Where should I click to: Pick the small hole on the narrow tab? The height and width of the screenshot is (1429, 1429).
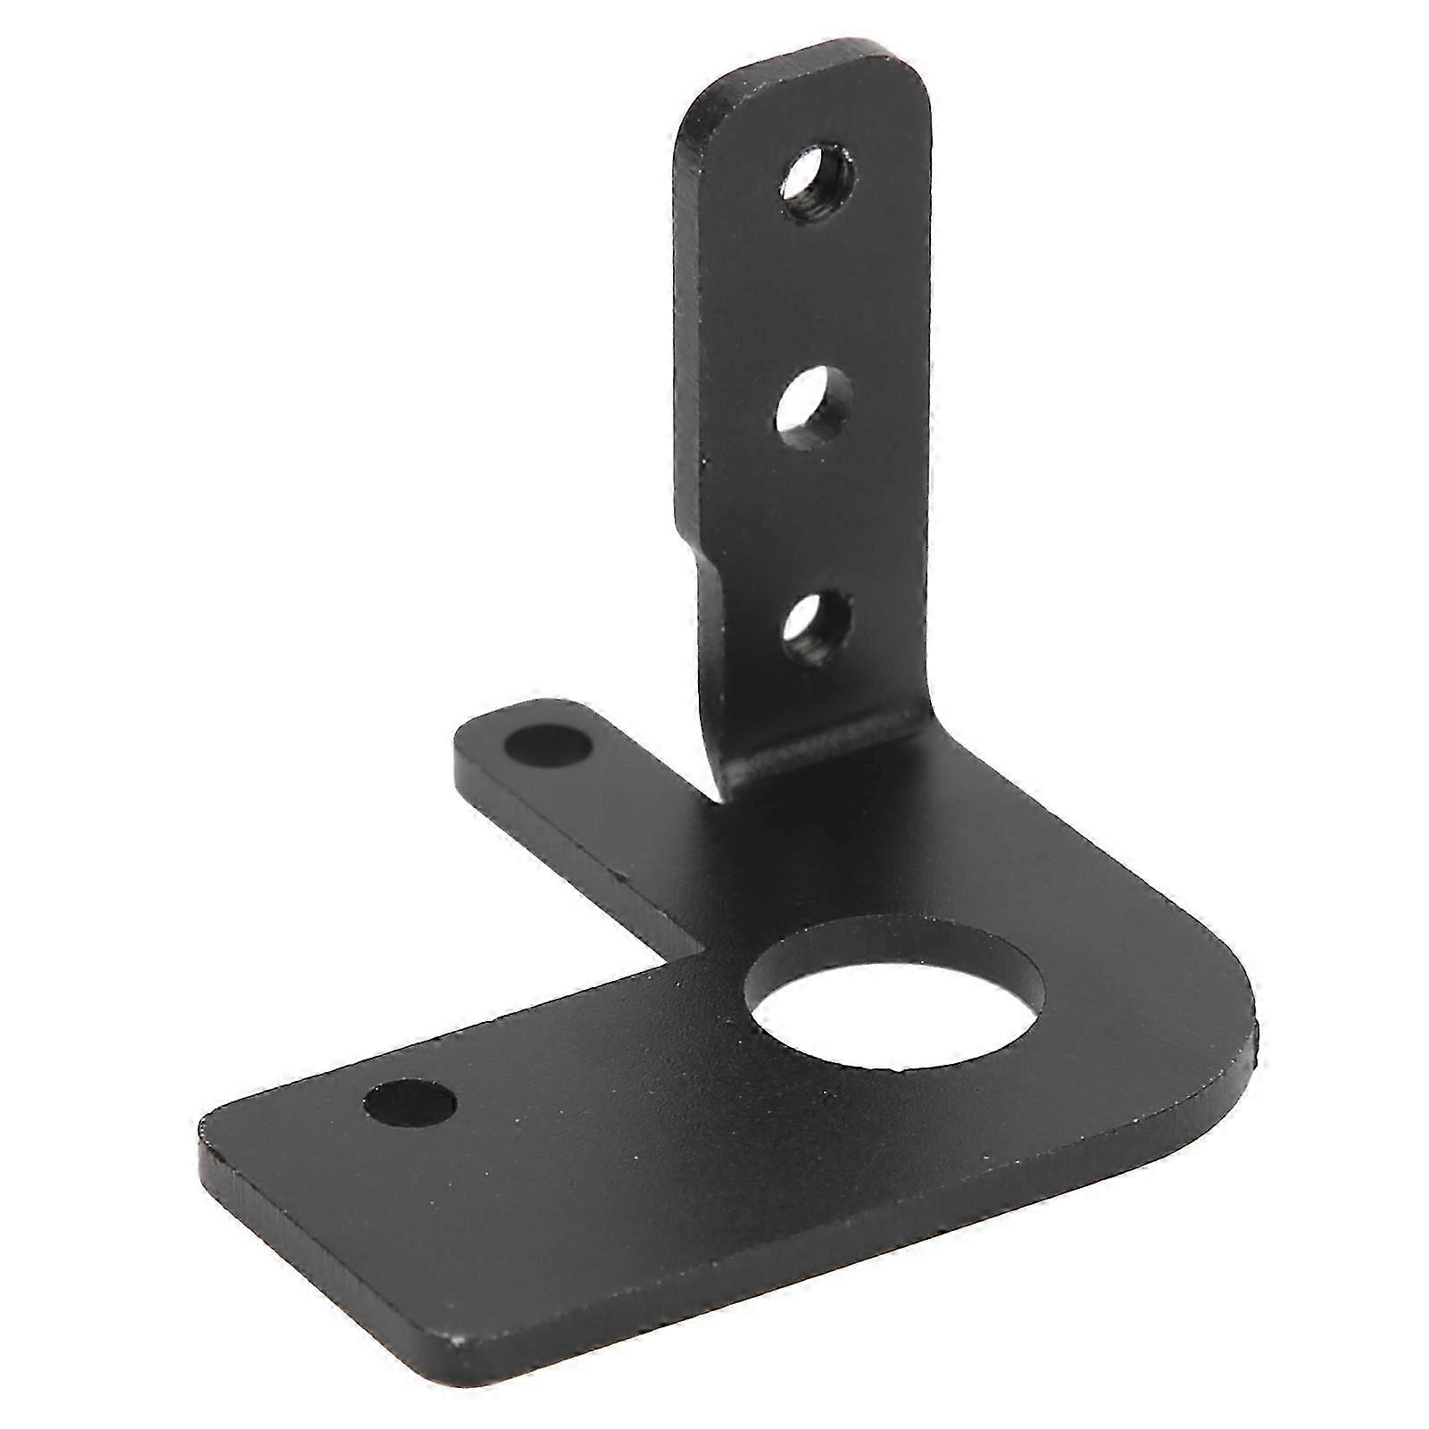[547, 744]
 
